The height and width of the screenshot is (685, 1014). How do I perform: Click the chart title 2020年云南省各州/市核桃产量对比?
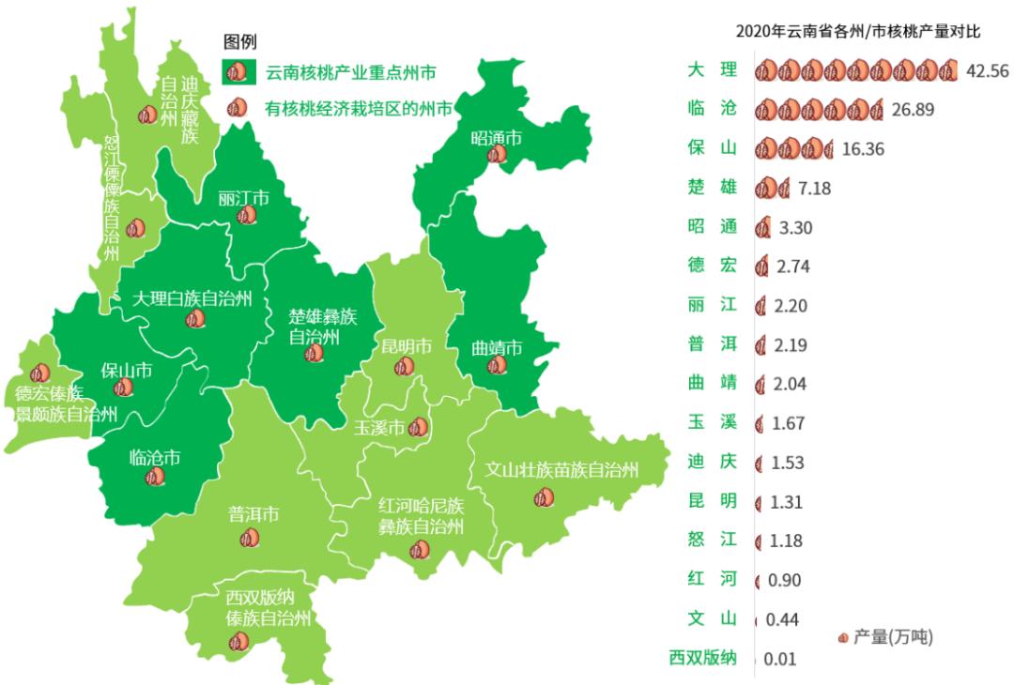(858, 32)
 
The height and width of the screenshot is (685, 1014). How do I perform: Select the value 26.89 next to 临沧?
(913, 110)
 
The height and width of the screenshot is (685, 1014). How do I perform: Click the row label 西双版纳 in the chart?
(702, 657)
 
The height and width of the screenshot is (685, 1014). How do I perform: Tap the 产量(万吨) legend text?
(893, 637)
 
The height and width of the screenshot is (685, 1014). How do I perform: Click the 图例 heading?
(239, 41)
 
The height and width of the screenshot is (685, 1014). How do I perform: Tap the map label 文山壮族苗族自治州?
(561, 469)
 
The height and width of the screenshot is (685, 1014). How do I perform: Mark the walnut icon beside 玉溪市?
(419, 428)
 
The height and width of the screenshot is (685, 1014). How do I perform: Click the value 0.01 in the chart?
(779, 659)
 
